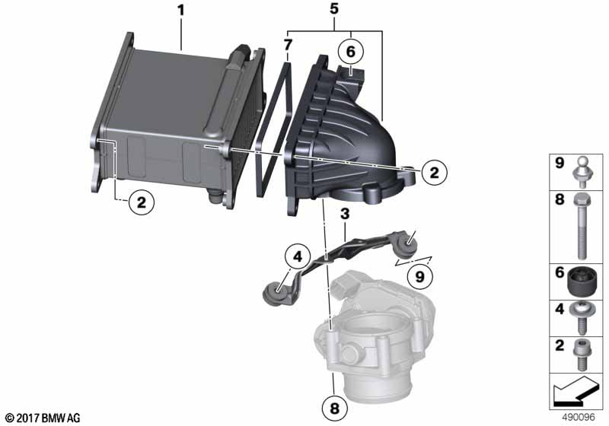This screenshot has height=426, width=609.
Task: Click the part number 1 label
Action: click(180, 11)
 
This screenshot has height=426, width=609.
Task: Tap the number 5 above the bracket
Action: click(334, 9)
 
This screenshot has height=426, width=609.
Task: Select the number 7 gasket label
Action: click(287, 45)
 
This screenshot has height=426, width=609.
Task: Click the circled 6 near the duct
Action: click(351, 52)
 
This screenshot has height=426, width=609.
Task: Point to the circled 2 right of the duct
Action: click(434, 172)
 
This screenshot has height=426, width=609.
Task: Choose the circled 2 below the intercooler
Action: click(142, 202)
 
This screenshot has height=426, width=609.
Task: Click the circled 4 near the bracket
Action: click(298, 257)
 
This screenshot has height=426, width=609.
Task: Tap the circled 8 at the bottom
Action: click(334, 409)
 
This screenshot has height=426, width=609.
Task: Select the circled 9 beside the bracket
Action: click(420, 277)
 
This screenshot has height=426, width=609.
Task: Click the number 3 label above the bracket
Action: click(345, 214)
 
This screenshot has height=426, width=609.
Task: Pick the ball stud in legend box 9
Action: click(581, 170)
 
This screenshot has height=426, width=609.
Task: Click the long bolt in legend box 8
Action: click(581, 226)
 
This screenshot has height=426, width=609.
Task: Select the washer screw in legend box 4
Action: click(581, 319)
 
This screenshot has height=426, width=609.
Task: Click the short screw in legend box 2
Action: click(581, 355)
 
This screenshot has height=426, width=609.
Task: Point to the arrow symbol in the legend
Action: click(573, 391)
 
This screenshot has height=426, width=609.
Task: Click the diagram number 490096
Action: click(579, 418)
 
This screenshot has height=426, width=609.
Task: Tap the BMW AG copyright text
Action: click(43, 418)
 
